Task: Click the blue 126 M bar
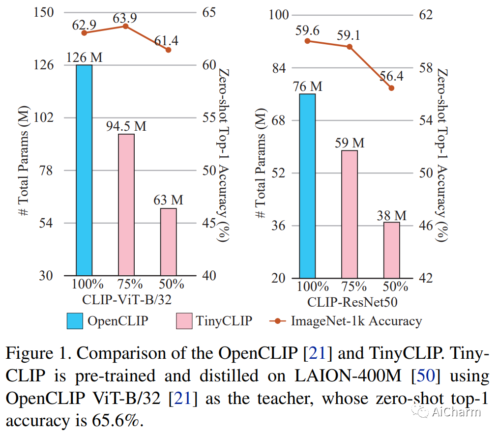(84, 170)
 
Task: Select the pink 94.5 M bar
(126, 204)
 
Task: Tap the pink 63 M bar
(168, 241)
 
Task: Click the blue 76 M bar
(307, 186)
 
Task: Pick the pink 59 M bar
(349, 214)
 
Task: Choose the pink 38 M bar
(391, 250)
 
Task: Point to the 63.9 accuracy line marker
(126, 26)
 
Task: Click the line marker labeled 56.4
(391, 88)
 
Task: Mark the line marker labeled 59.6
(307, 41)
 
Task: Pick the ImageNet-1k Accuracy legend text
(356, 321)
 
